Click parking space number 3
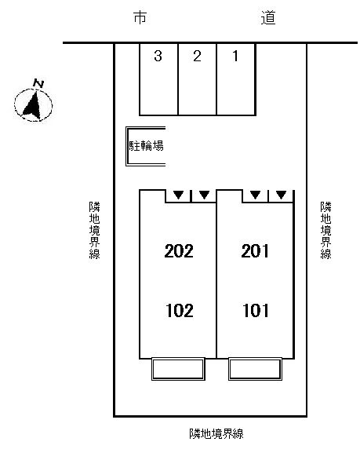click(158, 56)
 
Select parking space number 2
click(197, 56)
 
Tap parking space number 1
click(235, 56)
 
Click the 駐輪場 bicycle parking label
click(146, 146)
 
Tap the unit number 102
click(179, 310)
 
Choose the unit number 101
click(256, 310)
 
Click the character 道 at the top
click(269, 17)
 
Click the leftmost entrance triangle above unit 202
click(179, 195)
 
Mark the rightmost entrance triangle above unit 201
click(281, 195)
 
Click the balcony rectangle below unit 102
click(177, 369)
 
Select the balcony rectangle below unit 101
click(254, 369)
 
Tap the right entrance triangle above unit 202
click(204, 195)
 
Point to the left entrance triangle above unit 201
click(255, 195)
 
